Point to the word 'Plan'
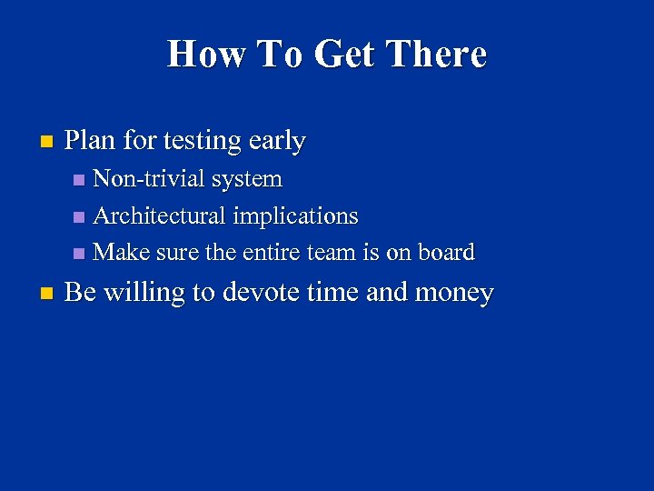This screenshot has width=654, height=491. pos(90,141)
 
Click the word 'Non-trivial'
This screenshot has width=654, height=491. pos(150,179)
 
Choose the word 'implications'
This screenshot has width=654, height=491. pos(296,217)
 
